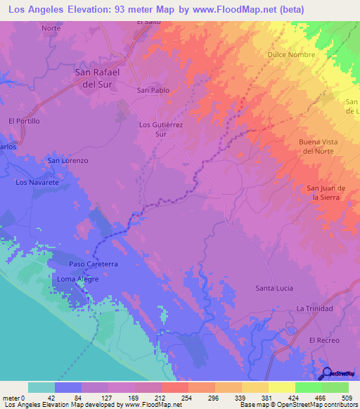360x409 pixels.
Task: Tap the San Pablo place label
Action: click(153, 90)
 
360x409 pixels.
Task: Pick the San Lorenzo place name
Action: click(67, 160)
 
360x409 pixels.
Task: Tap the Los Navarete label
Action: click(37, 182)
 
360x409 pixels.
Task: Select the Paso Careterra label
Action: click(93, 264)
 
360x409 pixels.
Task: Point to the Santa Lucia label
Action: click(274, 288)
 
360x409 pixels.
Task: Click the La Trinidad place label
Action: click(315, 309)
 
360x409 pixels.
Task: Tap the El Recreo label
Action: click(324, 339)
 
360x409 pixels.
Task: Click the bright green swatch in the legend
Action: click(308, 387)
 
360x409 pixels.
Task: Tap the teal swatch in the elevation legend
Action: click(41, 387)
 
